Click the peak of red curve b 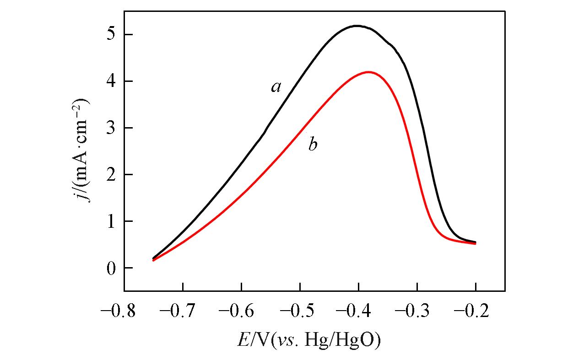[x=368, y=72]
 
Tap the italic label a [x=276, y=86]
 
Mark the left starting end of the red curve [x=153, y=260]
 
